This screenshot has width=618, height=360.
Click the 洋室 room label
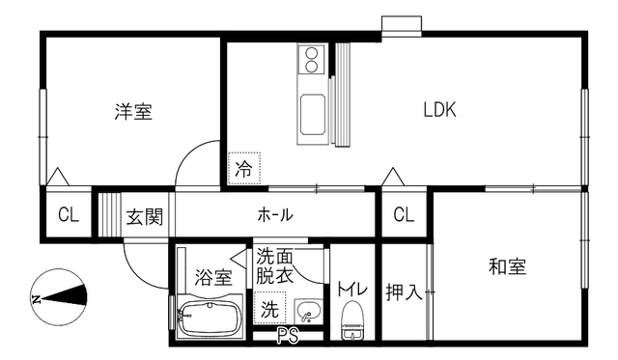click(x=133, y=112)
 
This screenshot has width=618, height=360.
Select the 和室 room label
click(x=506, y=267)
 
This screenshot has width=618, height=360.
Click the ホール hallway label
click(x=275, y=214)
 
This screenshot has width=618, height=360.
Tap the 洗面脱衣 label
click(x=274, y=265)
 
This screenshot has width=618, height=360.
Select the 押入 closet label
click(x=405, y=291)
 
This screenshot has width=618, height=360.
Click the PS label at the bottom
click(x=288, y=336)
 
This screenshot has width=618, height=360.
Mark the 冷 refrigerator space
click(x=244, y=169)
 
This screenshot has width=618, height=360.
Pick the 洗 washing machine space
click(x=270, y=310)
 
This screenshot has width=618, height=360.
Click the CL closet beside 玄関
click(x=69, y=215)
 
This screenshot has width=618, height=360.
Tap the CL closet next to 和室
click(x=404, y=214)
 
